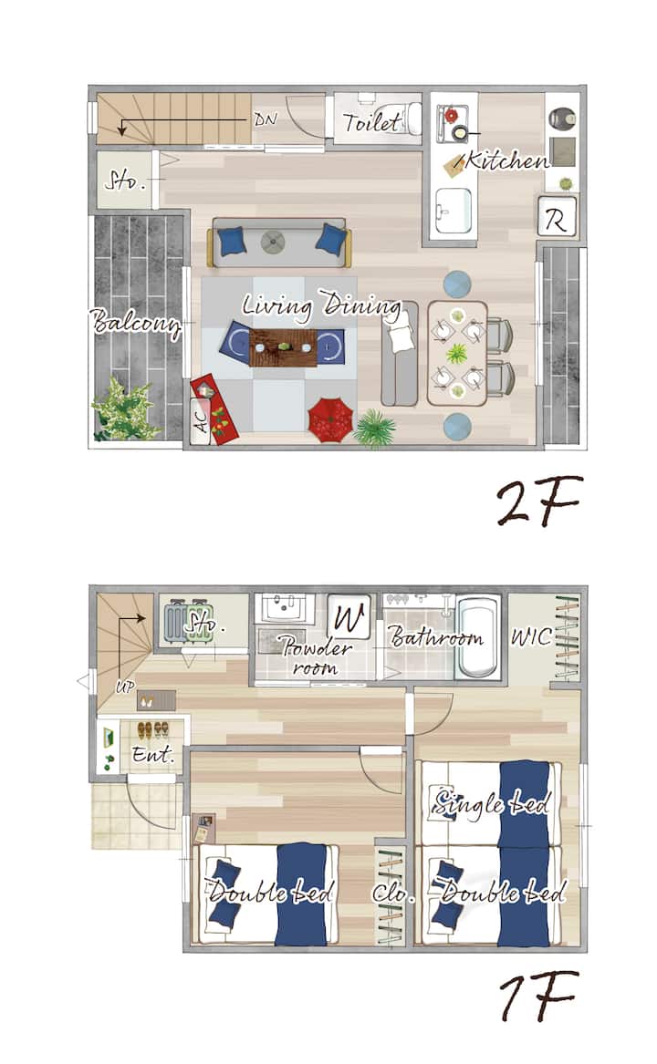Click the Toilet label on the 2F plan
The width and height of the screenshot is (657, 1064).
pyautogui.click(x=371, y=122)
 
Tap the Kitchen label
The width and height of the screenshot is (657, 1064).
pyautogui.click(x=506, y=160)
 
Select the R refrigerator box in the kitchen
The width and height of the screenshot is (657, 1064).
pyautogui.click(x=558, y=216)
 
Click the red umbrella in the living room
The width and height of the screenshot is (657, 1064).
pyautogui.click(x=330, y=420)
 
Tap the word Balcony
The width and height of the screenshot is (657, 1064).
pyautogui.click(x=136, y=323)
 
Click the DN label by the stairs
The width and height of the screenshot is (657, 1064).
pyautogui.click(x=266, y=119)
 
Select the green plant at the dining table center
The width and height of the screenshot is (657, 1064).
pyautogui.click(x=457, y=353)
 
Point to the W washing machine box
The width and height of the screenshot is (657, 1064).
pyautogui.click(x=349, y=616)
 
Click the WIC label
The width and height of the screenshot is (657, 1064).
pyautogui.click(x=531, y=637)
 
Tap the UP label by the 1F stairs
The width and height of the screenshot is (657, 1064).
pyautogui.click(x=125, y=687)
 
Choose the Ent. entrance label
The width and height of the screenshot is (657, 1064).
pyautogui.click(x=153, y=754)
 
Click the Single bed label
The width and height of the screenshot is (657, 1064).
pyautogui.click(x=491, y=803)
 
